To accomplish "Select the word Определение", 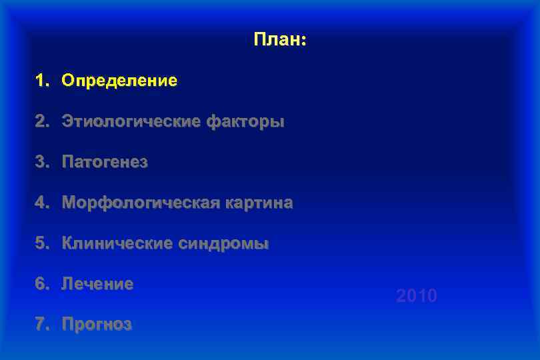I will [119, 81].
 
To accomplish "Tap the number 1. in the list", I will [43, 81].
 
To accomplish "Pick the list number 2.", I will [43, 122].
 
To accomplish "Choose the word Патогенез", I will [105, 162].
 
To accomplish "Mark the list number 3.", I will [43, 162].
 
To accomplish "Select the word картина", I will [260, 203].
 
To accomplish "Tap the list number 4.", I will [43, 203].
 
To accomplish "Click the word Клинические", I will [117, 243].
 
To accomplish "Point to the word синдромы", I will [223, 243].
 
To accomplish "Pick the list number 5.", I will [43, 243].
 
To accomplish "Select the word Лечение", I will [97, 284].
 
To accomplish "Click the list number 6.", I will [43, 284].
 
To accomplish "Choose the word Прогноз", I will [97, 325].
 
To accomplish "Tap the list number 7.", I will [43, 325].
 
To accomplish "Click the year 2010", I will [417, 295].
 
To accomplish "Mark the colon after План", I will [304, 42].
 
